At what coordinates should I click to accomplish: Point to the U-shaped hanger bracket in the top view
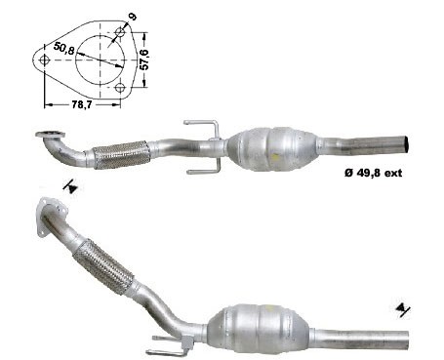201,145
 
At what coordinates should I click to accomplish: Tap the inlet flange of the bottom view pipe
50,220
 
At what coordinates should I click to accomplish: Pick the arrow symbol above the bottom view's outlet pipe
401,310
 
